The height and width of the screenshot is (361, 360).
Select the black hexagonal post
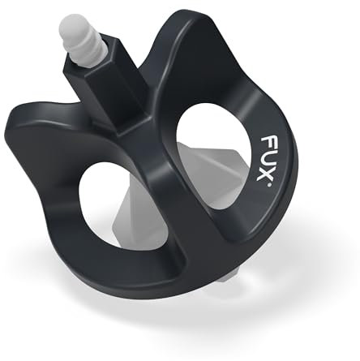click(x=101, y=89)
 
